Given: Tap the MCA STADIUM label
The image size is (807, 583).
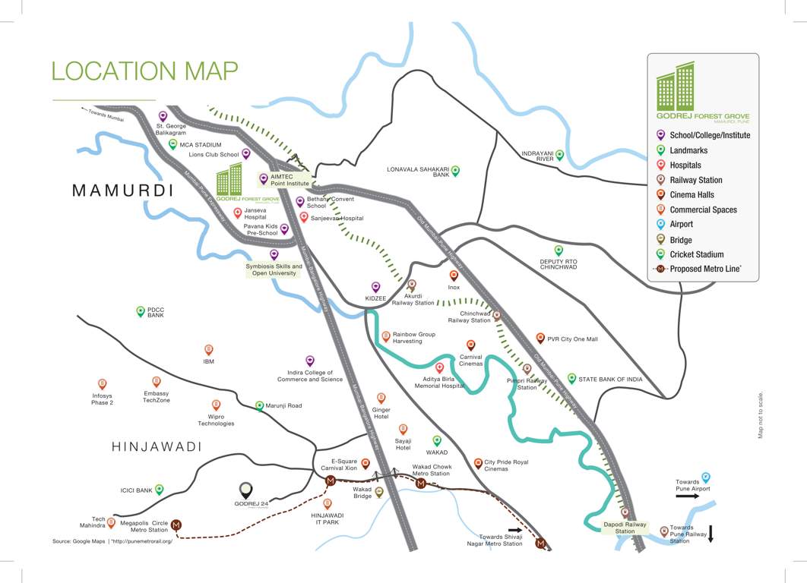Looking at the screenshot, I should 201,144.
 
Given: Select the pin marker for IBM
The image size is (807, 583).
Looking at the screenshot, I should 209,350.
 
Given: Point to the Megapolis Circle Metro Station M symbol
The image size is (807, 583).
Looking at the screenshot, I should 176,525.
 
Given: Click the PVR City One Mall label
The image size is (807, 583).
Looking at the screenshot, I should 572,339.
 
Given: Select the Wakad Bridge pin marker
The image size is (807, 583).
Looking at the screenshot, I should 379,492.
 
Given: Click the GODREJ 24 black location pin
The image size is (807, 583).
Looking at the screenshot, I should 246,490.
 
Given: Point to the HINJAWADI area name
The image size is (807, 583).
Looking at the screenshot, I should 157,447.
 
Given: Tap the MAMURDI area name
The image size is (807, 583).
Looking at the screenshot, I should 122,191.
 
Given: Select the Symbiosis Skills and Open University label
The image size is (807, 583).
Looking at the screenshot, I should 274,270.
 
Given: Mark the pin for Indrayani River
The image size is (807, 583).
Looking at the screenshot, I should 559,154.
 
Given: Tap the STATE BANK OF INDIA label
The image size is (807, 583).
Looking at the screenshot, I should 610,379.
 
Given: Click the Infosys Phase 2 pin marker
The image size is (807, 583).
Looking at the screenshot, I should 103,384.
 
